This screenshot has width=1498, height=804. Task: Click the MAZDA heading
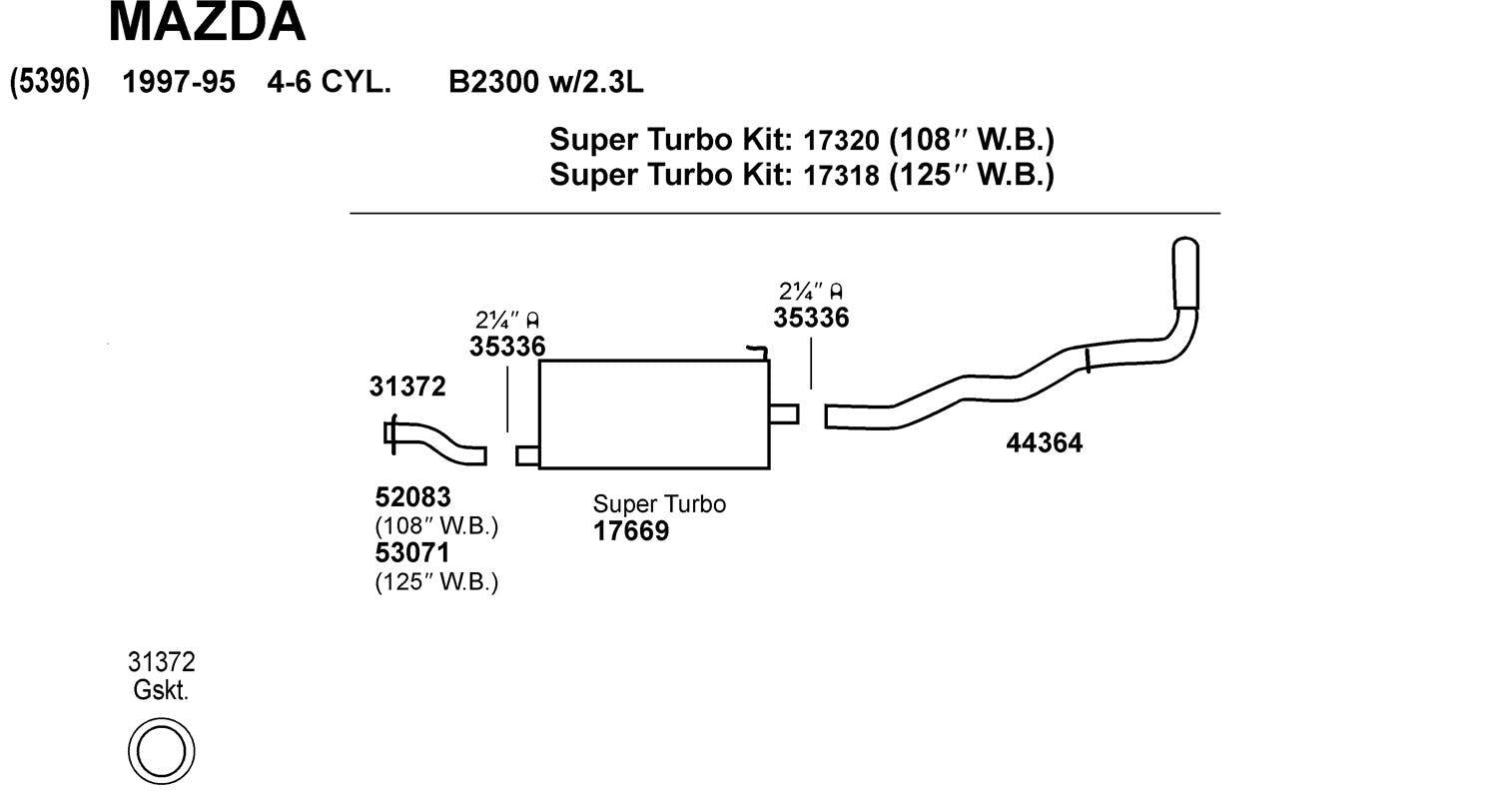point(207,22)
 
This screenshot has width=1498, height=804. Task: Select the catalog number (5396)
point(49,82)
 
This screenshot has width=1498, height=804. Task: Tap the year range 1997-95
point(178,82)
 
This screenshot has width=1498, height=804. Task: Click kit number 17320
point(841,140)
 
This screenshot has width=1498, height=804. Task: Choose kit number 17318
point(841,176)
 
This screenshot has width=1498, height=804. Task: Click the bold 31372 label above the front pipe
point(407,387)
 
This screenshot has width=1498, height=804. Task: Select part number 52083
point(412,496)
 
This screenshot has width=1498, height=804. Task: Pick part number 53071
point(412,552)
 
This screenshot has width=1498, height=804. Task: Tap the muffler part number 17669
point(631,531)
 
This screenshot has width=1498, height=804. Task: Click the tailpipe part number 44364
point(1044,442)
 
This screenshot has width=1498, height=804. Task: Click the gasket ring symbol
point(161,751)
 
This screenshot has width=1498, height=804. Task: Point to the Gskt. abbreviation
point(161,689)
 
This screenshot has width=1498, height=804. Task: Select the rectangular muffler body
point(654,414)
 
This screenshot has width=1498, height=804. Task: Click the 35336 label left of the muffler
point(507,347)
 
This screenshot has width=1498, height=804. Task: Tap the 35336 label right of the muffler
point(811,318)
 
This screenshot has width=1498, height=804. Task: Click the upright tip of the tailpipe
point(1185,272)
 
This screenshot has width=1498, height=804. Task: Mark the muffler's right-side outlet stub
point(784,413)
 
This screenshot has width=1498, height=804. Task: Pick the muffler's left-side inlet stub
point(527,455)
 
